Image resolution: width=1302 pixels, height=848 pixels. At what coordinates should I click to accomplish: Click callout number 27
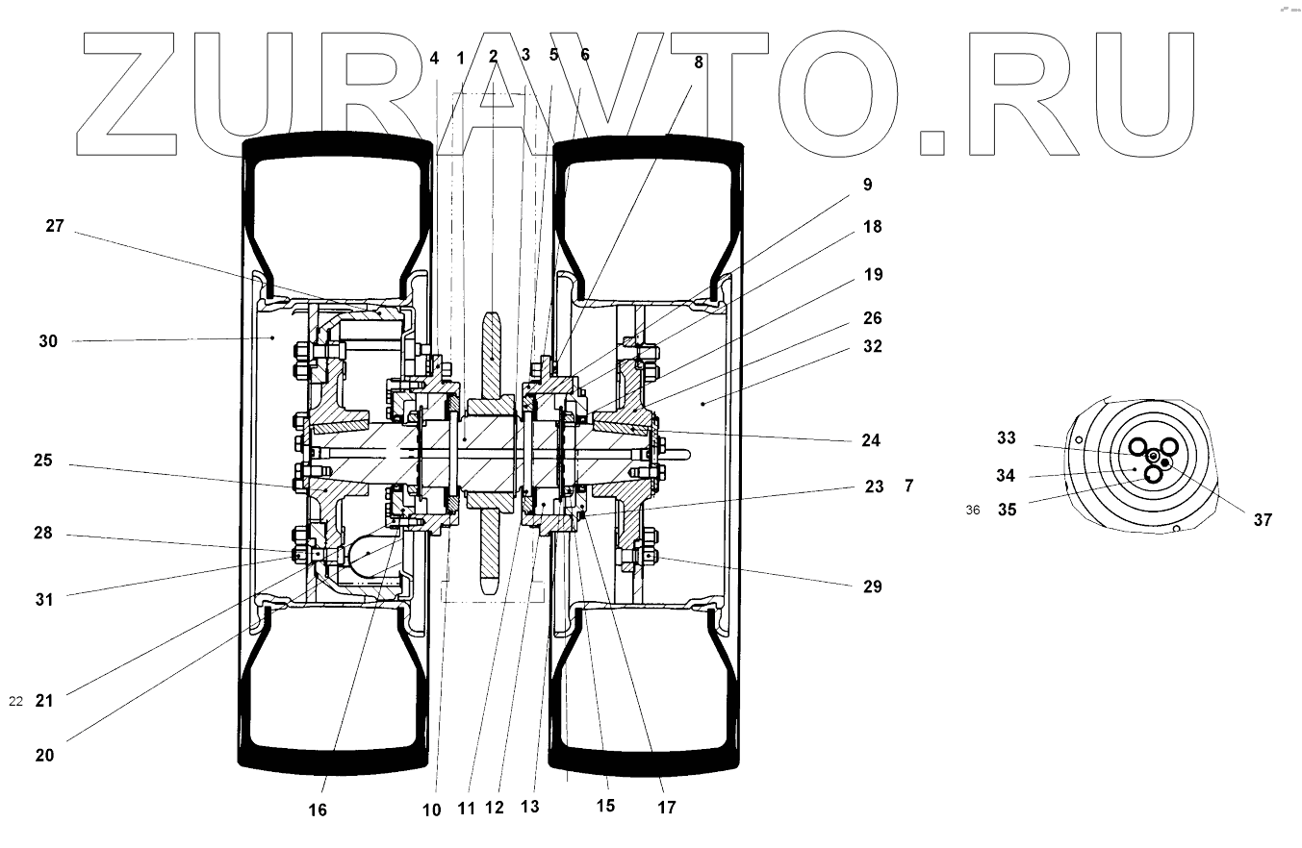[x=55, y=227]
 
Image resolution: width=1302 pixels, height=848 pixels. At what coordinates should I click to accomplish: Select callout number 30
[x=48, y=341]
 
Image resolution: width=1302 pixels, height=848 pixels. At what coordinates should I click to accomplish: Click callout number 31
[x=44, y=599]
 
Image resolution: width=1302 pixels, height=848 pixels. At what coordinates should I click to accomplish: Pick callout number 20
[x=44, y=756]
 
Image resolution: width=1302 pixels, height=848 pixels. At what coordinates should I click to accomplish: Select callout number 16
[x=318, y=811]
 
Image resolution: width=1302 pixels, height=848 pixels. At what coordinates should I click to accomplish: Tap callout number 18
[x=872, y=227]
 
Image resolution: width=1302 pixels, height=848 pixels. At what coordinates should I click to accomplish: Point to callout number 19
[x=872, y=275]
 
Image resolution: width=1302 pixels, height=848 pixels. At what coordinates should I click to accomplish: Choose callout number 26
[x=872, y=318]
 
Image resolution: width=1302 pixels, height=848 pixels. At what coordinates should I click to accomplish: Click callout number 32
[x=872, y=346]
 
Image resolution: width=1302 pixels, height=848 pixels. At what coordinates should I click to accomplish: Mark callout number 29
[x=872, y=586]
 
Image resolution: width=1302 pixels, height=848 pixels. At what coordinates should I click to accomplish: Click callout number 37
[x=1263, y=520]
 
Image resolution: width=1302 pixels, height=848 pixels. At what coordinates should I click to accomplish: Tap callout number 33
[x=1007, y=438]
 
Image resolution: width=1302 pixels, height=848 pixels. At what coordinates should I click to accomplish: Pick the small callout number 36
[x=973, y=511]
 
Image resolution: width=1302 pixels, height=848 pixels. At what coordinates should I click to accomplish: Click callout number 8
[x=699, y=62]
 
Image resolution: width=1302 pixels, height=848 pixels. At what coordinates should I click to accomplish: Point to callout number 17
[x=666, y=808]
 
